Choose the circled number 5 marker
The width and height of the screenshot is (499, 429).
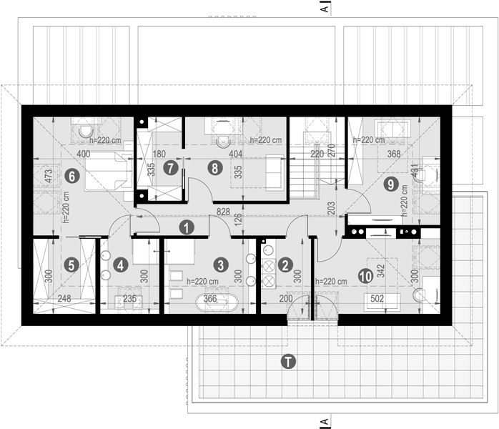point(70,264)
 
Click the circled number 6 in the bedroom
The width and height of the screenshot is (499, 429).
point(70,174)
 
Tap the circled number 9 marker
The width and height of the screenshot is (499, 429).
point(390,184)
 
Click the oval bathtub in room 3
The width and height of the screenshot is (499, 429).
point(212,300)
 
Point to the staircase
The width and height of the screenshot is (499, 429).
point(308,172)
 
